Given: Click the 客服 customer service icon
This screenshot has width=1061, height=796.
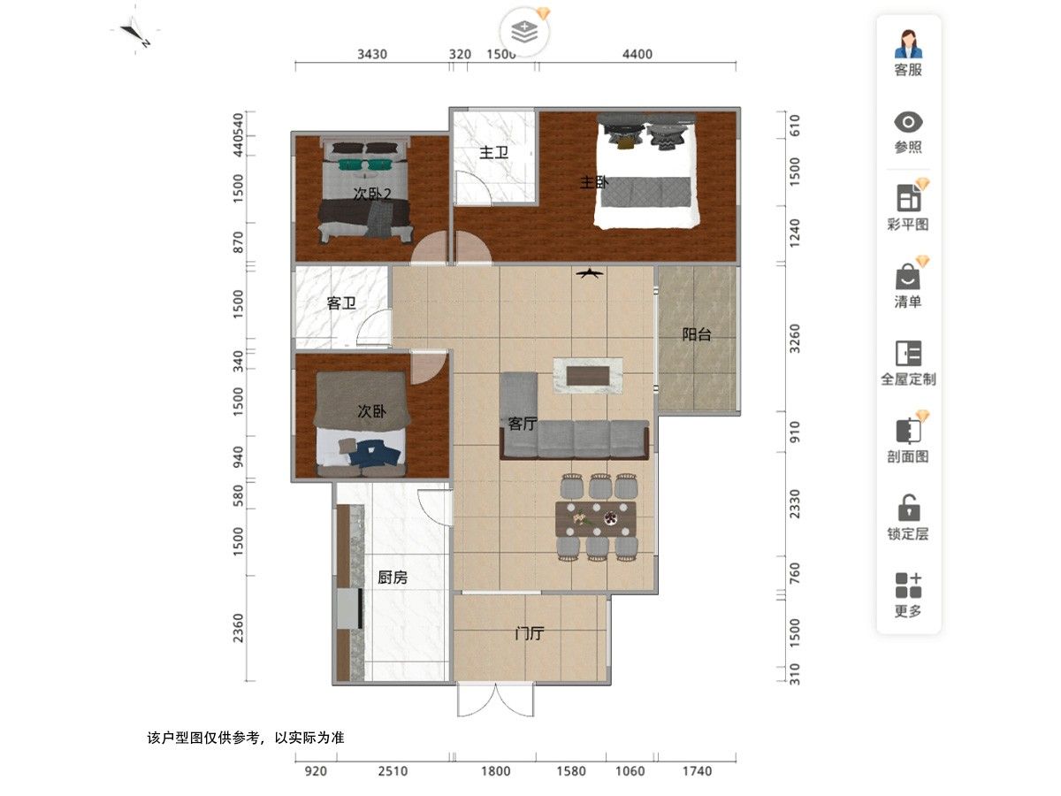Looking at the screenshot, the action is pos(907,43).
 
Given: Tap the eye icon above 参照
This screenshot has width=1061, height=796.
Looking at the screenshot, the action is pos(908,122).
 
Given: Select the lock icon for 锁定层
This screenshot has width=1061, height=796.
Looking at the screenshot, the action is pos(908,507).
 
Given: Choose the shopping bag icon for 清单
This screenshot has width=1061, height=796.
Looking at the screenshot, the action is pos(907,276).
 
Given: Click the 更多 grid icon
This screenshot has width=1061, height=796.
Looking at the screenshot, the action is pos(908,585).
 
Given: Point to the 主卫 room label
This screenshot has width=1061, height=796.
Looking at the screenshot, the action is pos(493,153).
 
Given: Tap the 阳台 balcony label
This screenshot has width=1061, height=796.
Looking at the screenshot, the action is pos(696,334).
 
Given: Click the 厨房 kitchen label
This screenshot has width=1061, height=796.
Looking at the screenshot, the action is pos(392,577).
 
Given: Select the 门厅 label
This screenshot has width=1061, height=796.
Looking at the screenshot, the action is pos(530,633).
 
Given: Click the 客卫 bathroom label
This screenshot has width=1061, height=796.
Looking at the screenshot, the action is pos(341,303).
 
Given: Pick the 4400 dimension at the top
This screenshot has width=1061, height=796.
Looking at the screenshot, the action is pos(637,54).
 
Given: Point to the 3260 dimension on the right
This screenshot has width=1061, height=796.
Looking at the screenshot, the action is pos(794,339).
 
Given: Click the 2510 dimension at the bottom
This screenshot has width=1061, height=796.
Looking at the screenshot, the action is pos(393,770).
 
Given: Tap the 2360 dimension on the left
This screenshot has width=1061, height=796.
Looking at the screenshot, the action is pos(239,628).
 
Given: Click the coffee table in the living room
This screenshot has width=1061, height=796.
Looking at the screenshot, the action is pos(588,376).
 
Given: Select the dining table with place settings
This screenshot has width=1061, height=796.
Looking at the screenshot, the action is pos(596,518).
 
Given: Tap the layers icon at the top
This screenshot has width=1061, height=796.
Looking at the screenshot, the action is pos(524,32).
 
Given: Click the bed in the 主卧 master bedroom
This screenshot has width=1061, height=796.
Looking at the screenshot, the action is pos(646,171).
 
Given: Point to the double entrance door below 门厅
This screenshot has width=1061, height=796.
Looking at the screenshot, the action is pos(495,699).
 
